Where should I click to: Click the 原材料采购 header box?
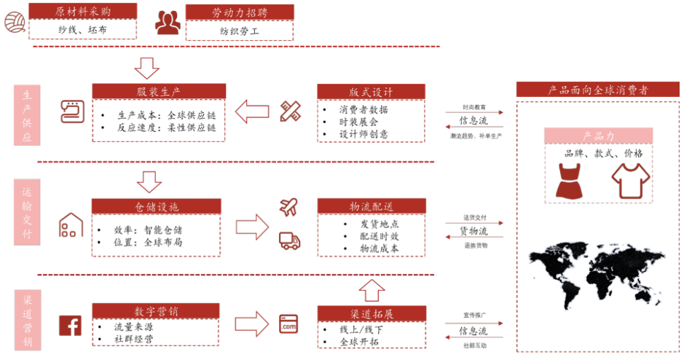82,11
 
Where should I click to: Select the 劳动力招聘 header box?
240,12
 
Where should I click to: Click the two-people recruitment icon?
168,23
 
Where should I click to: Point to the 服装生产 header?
159,92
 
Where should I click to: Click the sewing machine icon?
71,111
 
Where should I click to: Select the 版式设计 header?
371,92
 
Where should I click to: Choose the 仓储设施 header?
157,207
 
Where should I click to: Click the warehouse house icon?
71,225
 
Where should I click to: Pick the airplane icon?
289,207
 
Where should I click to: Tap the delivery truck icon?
289,240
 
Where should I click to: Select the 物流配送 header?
371,207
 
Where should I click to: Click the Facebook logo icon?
71,325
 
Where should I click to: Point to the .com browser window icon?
289,324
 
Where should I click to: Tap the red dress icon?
569,181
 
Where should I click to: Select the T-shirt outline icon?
629,181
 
